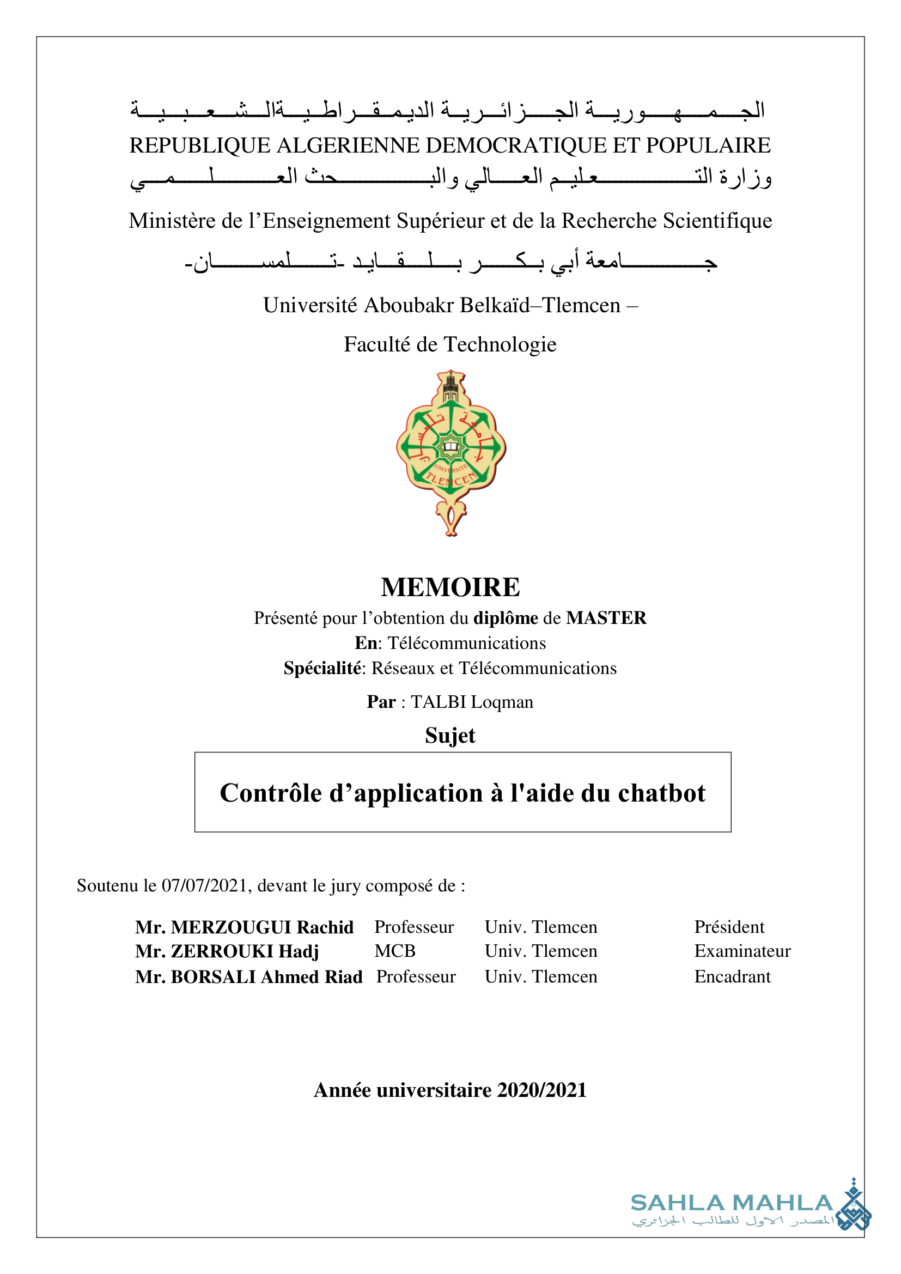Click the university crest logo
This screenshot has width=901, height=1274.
coord(450,453)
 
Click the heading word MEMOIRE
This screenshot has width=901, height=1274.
coord(450,587)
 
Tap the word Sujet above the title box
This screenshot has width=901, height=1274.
coord(450,735)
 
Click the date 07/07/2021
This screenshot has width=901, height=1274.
coord(204,885)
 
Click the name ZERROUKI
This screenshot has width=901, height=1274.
coord(222,951)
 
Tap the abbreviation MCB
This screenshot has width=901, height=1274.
coord(394,951)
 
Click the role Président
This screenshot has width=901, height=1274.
coord(729,927)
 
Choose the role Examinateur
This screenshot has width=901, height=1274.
coord(742,951)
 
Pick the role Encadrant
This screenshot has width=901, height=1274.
coord(732,976)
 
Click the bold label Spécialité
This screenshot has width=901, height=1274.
coord(322,668)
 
